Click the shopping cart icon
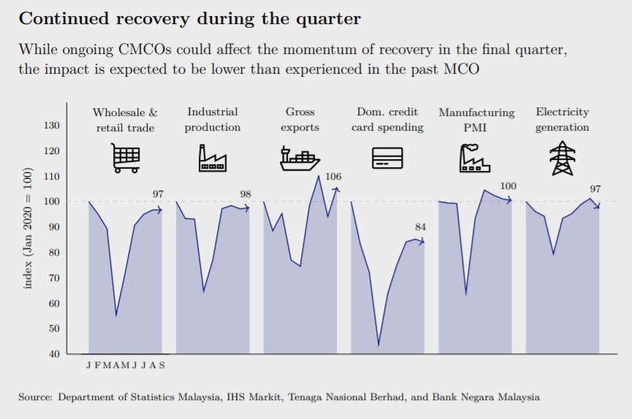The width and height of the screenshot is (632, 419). (126, 158)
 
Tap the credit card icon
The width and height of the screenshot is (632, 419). (387, 158)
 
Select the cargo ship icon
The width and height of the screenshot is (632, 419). (300, 158)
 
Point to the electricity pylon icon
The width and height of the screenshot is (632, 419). (563, 158)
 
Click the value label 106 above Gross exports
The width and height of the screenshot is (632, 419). (333, 177)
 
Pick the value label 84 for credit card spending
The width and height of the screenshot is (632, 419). (420, 227)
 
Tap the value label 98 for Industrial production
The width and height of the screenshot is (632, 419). (245, 193)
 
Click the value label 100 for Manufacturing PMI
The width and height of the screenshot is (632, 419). (508, 185)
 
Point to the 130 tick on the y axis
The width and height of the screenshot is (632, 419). (52, 126)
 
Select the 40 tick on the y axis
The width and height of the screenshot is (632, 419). (54, 354)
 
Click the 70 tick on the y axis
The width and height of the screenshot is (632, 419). (54, 278)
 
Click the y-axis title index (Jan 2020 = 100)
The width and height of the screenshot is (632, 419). (27, 228)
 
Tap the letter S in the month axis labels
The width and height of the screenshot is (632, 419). (161, 365)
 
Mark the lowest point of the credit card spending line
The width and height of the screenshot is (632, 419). (378, 345)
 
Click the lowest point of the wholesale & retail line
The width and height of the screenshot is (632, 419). (116, 315)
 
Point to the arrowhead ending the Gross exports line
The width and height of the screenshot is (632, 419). (338, 189)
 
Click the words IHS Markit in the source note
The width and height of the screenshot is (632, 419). (254, 397)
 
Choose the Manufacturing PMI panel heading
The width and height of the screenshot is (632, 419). (476, 119)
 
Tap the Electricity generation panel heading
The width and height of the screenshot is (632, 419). (563, 119)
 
